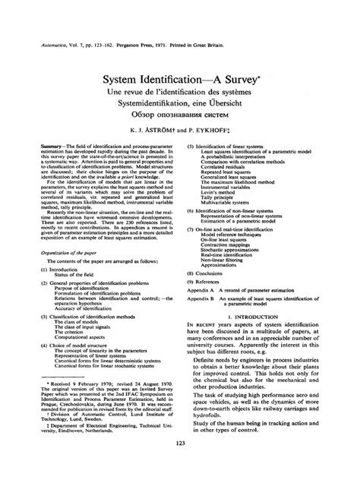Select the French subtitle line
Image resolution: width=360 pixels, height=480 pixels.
click(179, 91)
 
